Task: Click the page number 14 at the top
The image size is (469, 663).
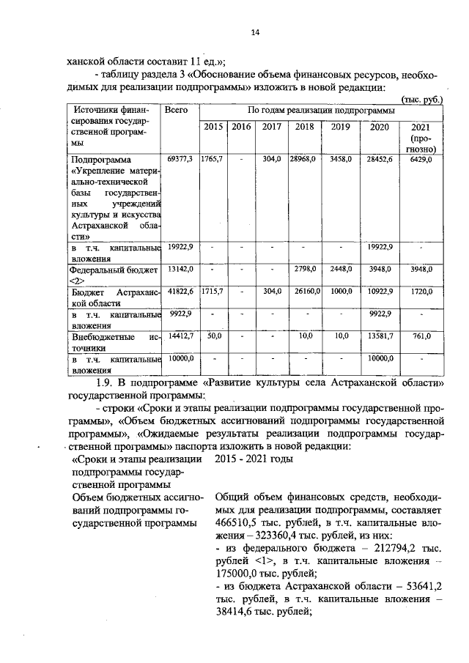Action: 254,32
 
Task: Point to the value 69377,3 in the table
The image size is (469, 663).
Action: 180,159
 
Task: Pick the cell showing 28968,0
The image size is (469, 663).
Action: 303,159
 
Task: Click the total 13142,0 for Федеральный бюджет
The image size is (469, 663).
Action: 180,270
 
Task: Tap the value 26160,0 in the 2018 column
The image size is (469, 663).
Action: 303,291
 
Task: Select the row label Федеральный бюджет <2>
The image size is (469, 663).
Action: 114,275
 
